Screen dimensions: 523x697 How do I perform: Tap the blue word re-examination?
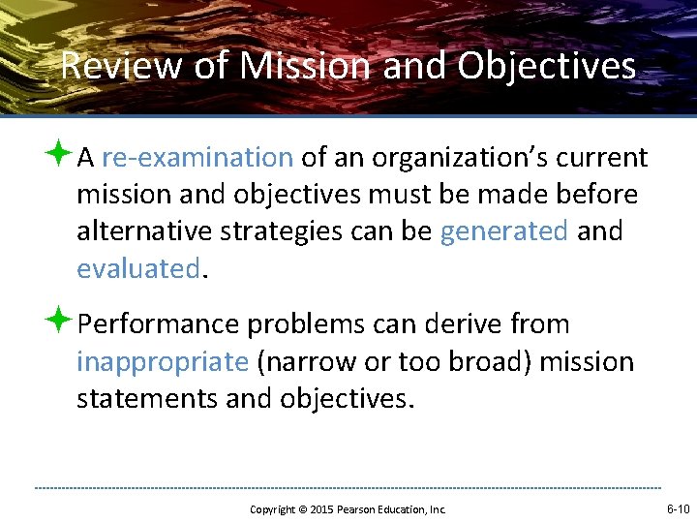197,157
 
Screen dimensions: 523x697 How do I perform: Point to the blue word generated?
503,231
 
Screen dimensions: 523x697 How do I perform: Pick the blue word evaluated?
137,268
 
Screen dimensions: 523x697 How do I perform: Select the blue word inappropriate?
163,361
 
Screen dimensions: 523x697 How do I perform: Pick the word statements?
147,398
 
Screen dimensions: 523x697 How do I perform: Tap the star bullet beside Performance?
62,322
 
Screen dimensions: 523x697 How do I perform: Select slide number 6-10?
677,508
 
